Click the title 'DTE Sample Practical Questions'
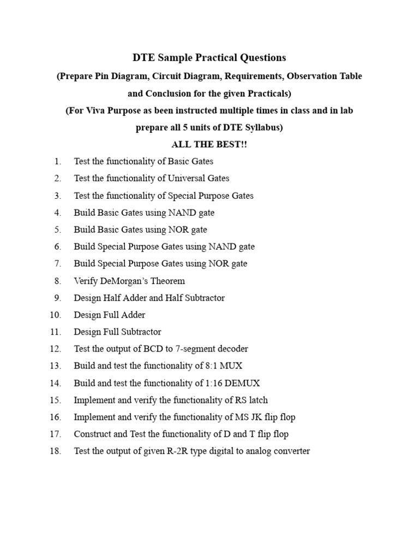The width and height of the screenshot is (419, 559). click(x=209, y=58)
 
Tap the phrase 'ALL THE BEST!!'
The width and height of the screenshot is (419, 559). click(x=209, y=145)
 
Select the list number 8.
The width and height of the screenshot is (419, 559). click(x=57, y=281)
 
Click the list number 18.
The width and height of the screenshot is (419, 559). click(x=55, y=451)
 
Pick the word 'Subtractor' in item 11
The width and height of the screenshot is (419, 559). click(x=141, y=332)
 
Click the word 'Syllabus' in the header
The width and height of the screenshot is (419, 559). click(x=262, y=128)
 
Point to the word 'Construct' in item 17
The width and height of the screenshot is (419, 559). click(x=92, y=434)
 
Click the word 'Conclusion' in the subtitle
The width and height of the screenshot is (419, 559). click(x=166, y=93)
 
